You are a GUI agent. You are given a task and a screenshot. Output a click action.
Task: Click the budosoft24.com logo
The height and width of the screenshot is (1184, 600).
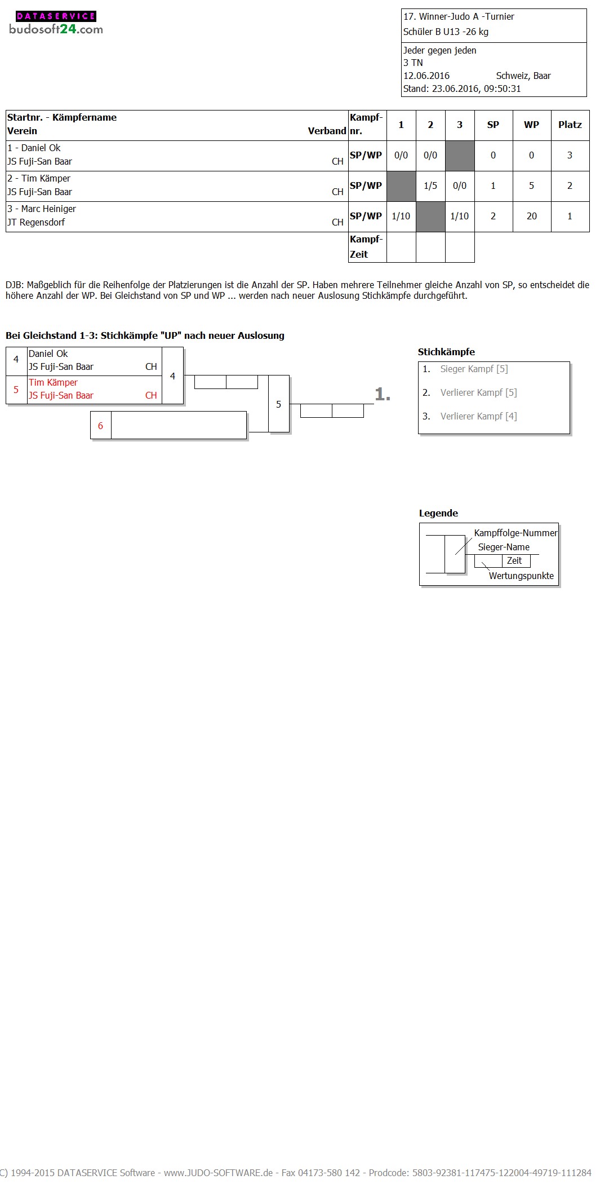[56, 23]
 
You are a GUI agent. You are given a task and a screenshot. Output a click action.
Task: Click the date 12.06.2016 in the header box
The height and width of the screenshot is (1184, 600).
[426, 76]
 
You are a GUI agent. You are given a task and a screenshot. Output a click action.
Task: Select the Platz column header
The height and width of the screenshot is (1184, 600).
[570, 125]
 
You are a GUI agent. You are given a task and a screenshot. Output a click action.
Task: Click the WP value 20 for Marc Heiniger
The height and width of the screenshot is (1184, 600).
[531, 217]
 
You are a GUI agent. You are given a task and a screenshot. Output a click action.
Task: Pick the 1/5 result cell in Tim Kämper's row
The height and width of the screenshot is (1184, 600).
[430, 186]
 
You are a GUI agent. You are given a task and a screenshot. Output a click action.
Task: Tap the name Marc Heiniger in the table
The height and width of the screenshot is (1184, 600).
[48, 209]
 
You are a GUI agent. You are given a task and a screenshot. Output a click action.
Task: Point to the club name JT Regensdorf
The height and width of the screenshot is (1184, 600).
[36, 222]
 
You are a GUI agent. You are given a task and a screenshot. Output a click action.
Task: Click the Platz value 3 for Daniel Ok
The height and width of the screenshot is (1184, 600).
[570, 155]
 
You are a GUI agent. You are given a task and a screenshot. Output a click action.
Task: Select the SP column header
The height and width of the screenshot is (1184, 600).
[493, 125]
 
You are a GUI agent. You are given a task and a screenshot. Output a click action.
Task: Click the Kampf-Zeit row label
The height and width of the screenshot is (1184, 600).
[366, 247]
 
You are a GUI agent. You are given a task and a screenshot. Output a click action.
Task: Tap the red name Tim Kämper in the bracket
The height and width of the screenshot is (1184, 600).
[53, 382]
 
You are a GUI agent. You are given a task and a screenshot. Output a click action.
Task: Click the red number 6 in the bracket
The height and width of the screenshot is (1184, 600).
[100, 426]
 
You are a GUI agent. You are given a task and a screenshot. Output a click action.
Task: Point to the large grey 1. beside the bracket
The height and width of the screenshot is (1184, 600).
[383, 394]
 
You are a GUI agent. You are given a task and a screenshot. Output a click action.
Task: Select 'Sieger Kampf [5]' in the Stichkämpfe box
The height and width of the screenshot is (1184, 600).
[474, 369]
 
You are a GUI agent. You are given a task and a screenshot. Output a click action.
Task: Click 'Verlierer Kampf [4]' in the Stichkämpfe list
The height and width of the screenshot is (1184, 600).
[478, 416]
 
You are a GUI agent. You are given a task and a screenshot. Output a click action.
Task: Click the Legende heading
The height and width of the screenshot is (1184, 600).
[438, 513]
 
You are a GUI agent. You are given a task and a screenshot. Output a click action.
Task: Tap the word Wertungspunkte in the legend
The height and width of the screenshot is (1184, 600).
[521, 576]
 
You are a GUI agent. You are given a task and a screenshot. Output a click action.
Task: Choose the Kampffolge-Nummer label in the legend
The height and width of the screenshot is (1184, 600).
[515, 533]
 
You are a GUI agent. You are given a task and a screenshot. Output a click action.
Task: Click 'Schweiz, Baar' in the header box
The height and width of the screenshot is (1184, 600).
[523, 76]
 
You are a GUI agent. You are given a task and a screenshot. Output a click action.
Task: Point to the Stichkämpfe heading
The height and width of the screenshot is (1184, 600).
[446, 352]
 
